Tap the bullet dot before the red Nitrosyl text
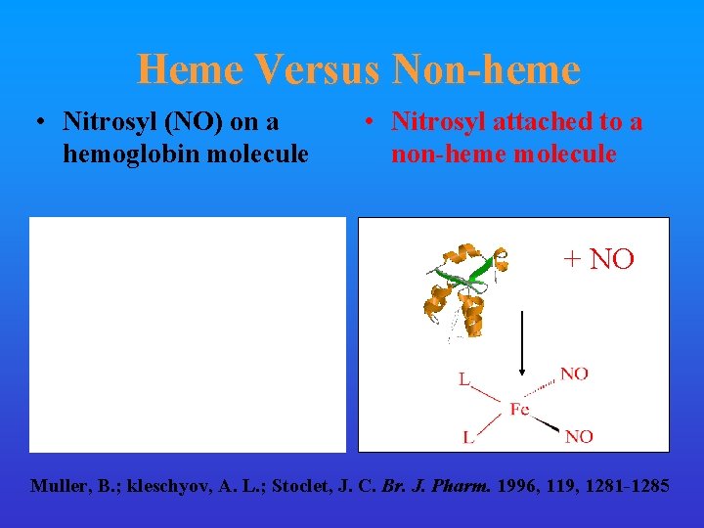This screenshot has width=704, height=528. click(365, 123)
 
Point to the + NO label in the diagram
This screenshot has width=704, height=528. click(598, 259)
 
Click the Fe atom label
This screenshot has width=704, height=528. click(519, 409)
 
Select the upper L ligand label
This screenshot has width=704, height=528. click(463, 378)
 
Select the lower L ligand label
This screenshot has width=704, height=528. click(468, 437)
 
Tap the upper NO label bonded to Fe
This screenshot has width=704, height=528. click(574, 374)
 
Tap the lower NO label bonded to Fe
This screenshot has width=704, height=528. click(579, 436)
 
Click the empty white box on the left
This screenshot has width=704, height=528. click(188, 334)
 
